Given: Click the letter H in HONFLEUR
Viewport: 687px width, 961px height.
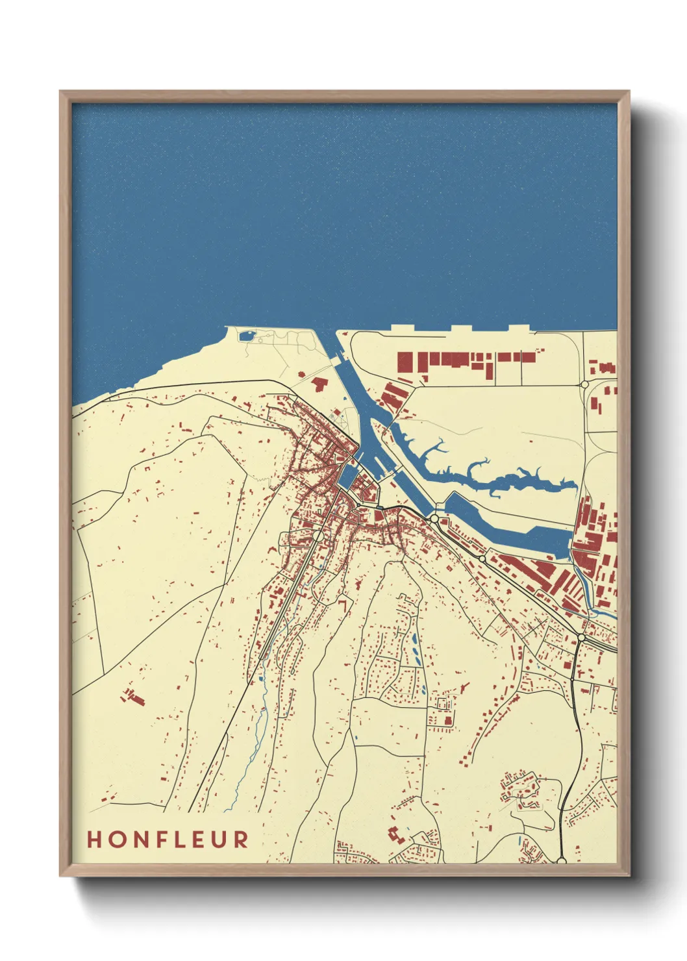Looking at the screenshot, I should pos(95,840).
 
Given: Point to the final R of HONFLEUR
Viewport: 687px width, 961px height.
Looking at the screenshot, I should pos(241,840).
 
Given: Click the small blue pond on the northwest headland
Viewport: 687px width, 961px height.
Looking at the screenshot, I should pos(247,336).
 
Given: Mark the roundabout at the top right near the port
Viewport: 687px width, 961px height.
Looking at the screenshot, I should pos(584,384).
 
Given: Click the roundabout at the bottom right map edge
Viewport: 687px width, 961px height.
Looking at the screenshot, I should pos(562,861).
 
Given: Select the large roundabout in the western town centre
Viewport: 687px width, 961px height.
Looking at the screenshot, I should pos(318,536).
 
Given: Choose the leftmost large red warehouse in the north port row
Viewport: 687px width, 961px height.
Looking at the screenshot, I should pos(405,361).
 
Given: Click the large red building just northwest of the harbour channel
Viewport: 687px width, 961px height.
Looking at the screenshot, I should pos(319,383).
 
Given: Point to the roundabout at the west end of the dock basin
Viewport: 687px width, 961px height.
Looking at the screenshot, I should pos(434,518).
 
